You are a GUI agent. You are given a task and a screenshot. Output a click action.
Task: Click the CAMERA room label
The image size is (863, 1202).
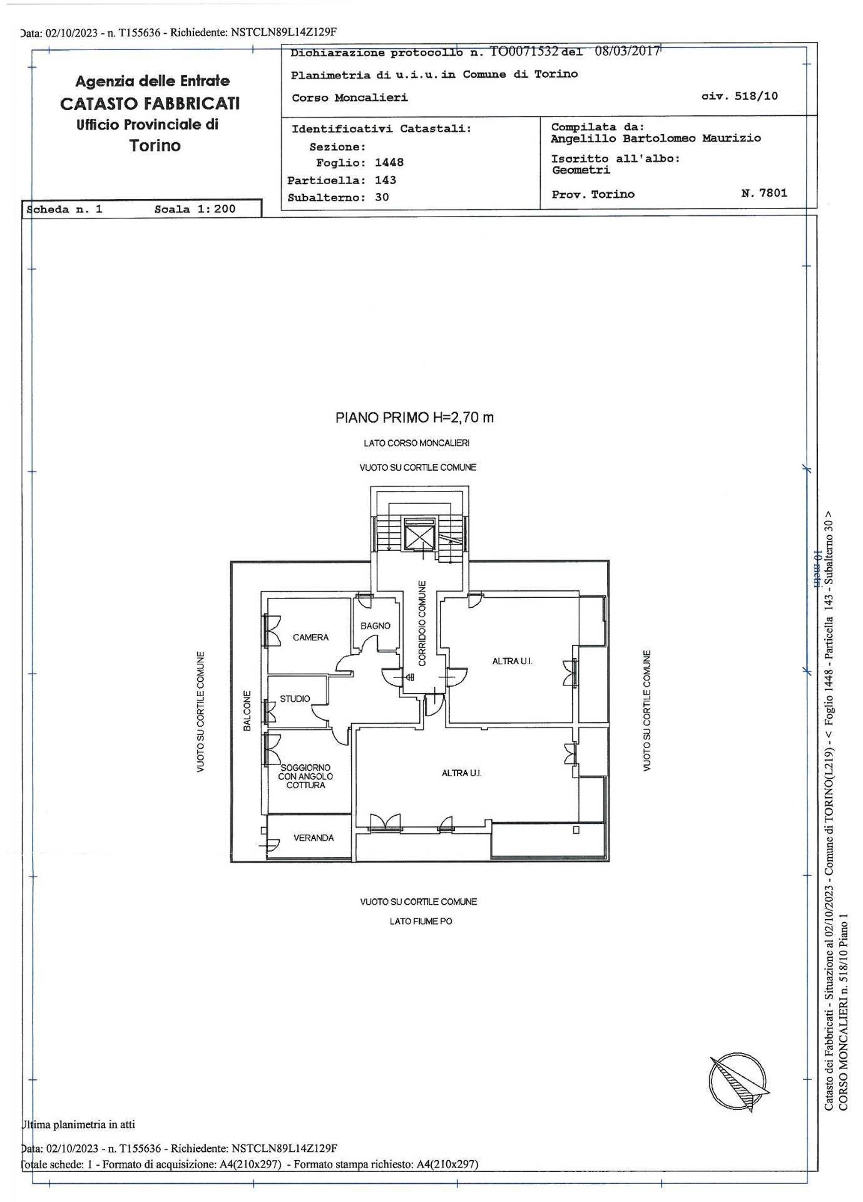[310, 637]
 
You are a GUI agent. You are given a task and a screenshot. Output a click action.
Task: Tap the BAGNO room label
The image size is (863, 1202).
[375, 625]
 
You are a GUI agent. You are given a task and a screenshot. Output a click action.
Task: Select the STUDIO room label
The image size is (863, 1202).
[294, 699]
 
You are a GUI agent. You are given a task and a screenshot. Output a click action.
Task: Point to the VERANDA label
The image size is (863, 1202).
[314, 838]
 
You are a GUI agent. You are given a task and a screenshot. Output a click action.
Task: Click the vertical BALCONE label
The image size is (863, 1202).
[247, 711]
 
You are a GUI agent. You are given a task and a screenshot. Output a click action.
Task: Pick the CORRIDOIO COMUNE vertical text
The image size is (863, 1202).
[422, 624]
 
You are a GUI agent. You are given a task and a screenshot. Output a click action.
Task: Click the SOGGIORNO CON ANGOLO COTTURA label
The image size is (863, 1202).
[305, 776]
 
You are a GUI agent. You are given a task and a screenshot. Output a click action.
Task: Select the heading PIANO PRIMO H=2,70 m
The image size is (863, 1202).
[414, 418]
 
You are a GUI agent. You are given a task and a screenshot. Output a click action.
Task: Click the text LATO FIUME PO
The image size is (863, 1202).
[421, 922]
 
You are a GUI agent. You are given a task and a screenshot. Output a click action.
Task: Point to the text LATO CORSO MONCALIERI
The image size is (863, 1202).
[416, 443]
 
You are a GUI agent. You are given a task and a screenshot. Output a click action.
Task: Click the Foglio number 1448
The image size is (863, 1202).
[389, 163]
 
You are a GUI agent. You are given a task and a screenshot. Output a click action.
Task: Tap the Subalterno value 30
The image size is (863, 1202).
[382, 197]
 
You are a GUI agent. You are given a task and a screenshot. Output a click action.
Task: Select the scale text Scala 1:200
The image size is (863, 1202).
[195, 209]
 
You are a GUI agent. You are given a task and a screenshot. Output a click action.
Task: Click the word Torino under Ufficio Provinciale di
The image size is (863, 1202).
[155, 146]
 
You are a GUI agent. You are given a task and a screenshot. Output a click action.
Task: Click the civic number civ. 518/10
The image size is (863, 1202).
[740, 96]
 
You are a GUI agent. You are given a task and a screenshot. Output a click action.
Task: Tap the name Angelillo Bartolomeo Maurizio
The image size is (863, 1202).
[655, 138]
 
